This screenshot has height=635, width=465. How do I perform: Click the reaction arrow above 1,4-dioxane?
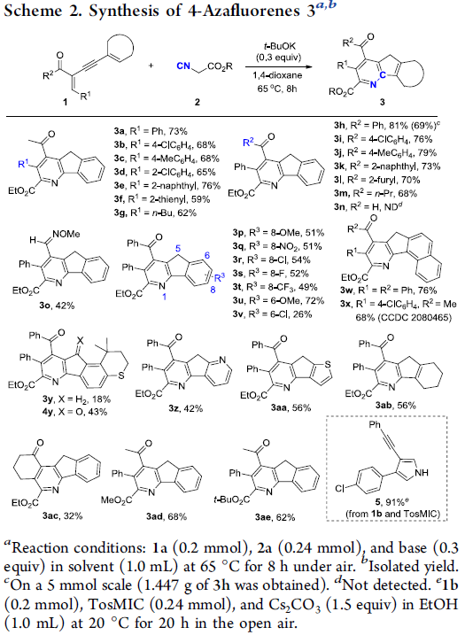click(x=279, y=67)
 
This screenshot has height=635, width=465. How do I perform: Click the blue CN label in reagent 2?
click(x=184, y=66)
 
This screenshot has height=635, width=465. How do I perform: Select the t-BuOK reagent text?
click(x=279, y=47)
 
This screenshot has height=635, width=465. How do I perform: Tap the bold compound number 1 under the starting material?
click(x=66, y=102)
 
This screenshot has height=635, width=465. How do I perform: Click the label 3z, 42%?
click(x=185, y=408)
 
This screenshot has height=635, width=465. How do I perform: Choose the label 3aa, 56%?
click(x=291, y=407)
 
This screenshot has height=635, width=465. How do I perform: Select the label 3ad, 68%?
click(x=167, y=516)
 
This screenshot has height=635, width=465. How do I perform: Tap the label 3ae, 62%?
click(x=275, y=517)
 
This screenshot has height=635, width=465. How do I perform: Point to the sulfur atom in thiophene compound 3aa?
click(x=328, y=365)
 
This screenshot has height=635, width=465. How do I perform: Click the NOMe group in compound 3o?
click(x=66, y=234)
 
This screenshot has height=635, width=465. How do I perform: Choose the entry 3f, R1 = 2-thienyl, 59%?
click(x=162, y=199)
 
